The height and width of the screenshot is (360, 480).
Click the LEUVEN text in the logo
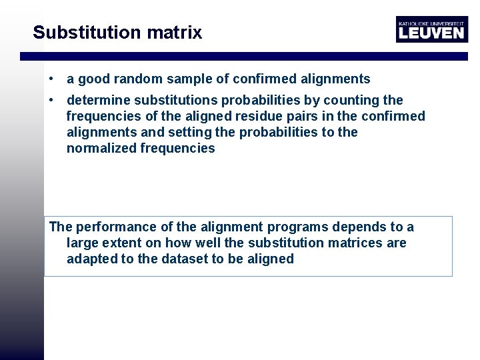pos(431,33)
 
